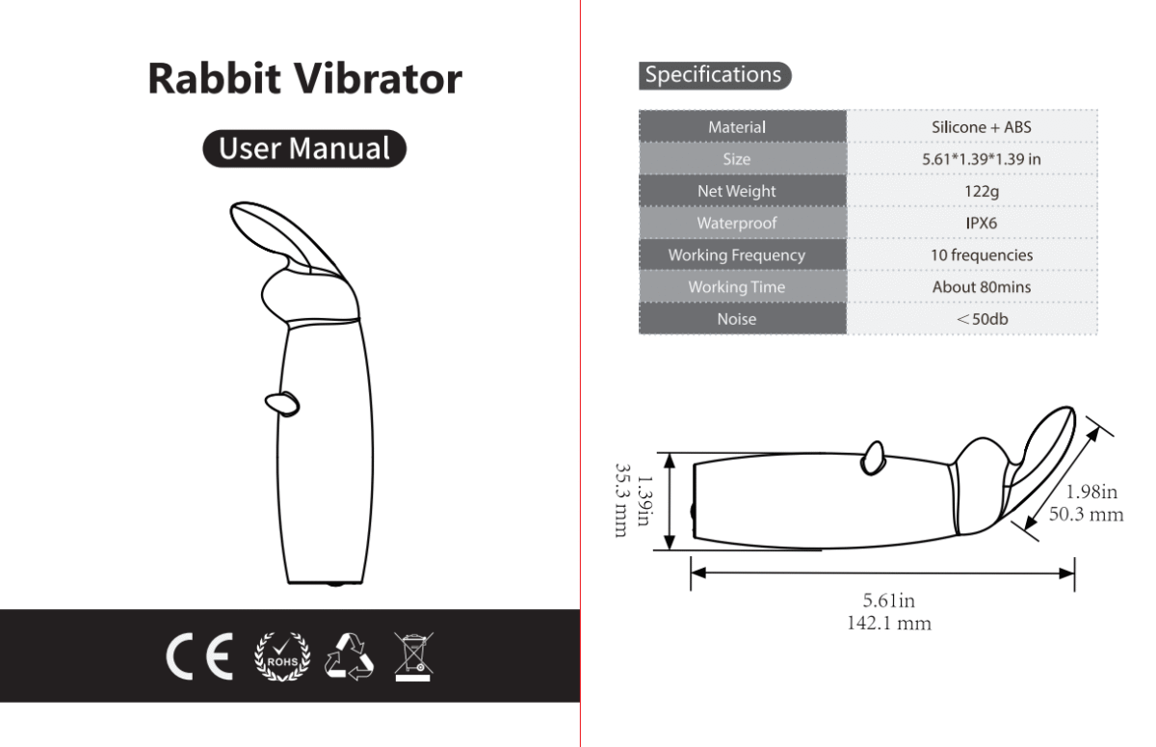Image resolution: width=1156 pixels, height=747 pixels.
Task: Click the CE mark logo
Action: click(x=199, y=656)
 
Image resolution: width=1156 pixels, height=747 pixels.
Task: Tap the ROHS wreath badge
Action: click(x=282, y=656)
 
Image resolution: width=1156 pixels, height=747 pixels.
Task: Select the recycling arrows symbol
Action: click(x=350, y=656)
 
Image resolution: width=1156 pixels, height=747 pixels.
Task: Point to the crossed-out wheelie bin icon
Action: click(x=414, y=656)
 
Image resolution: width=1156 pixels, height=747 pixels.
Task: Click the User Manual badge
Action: click(x=304, y=148)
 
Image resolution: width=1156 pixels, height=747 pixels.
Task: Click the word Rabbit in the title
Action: click(x=215, y=78)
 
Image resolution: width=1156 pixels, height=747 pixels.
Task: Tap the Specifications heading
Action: click(x=714, y=75)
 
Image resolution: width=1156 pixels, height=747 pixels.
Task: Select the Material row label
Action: click(x=737, y=127)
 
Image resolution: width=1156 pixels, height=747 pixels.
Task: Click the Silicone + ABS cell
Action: click(x=982, y=127)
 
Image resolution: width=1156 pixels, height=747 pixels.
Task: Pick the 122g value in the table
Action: click(x=982, y=192)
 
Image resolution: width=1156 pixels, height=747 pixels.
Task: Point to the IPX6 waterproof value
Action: click(x=982, y=223)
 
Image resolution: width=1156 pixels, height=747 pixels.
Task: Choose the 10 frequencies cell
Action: click(x=982, y=255)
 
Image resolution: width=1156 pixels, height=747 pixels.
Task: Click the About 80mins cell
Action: click(x=982, y=287)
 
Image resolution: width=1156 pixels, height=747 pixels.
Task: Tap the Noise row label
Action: click(x=737, y=319)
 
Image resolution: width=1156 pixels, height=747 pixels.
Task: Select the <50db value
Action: click(x=982, y=319)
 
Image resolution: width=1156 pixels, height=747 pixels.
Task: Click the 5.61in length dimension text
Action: click(x=888, y=600)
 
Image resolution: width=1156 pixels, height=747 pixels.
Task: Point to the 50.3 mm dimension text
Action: click(x=1087, y=514)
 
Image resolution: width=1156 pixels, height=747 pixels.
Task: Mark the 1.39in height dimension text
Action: click(x=644, y=501)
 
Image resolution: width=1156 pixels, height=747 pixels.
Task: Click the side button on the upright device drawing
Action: click(x=282, y=404)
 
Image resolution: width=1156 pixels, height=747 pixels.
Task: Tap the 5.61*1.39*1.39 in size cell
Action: click(x=982, y=159)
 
